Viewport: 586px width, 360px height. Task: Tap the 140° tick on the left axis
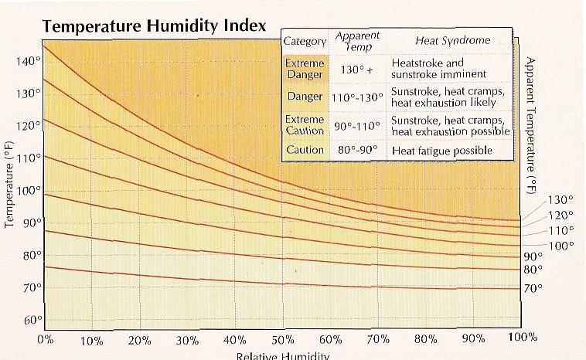point(28,60)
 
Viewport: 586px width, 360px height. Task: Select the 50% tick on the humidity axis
point(282,339)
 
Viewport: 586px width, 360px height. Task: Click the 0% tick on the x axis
point(44,339)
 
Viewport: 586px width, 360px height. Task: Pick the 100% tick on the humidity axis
point(523,338)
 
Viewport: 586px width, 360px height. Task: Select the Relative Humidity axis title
point(283,355)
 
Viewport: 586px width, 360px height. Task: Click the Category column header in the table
point(305,40)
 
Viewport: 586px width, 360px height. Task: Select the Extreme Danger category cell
point(305,68)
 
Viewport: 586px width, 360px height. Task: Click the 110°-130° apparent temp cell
point(356,98)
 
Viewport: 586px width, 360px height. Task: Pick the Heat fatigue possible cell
point(441,150)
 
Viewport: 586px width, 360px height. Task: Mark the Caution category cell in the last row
point(305,150)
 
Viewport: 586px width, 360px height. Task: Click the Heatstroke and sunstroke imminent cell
point(438,68)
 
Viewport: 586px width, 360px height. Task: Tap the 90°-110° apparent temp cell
point(356,125)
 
